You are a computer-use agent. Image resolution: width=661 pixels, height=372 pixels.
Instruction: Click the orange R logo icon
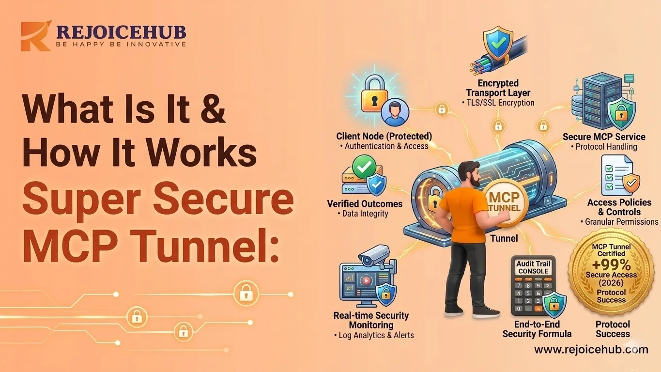tap(36, 36)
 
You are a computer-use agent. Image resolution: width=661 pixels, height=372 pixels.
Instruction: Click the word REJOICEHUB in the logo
tap(121, 32)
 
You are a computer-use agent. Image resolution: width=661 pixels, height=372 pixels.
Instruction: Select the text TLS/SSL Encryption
tap(501, 103)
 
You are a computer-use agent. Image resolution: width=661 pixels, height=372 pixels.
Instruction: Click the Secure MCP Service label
tap(604, 137)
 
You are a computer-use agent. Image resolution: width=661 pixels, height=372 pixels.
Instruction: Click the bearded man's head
tap(469, 174)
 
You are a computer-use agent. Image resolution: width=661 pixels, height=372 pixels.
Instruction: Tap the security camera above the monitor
tap(376, 256)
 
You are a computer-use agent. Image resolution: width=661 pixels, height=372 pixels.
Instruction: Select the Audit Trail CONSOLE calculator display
tap(533, 267)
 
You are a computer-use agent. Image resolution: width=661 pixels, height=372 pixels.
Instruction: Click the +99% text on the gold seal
tap(611, 265)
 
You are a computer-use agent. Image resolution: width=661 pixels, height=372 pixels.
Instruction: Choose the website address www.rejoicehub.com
tap(591, 350)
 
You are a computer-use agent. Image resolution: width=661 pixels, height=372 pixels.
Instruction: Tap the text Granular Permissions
tap(621, 222)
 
